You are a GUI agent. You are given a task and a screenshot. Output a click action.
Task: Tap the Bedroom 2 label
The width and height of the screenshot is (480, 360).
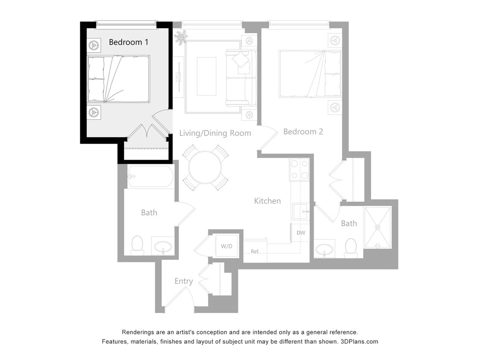tap(303, 132)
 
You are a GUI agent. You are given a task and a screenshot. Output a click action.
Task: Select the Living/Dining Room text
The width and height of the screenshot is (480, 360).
tap(215, 133)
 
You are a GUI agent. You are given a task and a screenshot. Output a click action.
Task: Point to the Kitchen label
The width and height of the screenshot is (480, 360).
tap(268, 201)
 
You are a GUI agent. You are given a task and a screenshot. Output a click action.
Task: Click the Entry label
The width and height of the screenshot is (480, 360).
tap(183, 281)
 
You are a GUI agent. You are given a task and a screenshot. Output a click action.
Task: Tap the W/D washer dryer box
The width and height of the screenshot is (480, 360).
tap(226, 246)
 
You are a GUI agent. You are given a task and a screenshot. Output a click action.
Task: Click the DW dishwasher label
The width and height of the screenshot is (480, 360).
tap(301, 233)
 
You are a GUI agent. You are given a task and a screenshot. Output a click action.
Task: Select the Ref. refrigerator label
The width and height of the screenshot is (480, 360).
tap(255, 252)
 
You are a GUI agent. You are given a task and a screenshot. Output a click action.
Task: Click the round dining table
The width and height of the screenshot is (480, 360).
tap(205, 168)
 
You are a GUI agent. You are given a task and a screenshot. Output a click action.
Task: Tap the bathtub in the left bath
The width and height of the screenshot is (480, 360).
tap(151, 177)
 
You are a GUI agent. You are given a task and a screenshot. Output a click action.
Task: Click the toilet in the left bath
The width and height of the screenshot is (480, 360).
tap(137, 245)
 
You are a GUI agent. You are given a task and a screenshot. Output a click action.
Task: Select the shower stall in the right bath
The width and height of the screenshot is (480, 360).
tap(377, 227)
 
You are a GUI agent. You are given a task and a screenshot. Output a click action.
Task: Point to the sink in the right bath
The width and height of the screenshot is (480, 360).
tap(325, 249)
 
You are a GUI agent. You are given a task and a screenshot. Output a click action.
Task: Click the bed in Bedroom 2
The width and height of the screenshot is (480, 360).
tap(310, 73)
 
